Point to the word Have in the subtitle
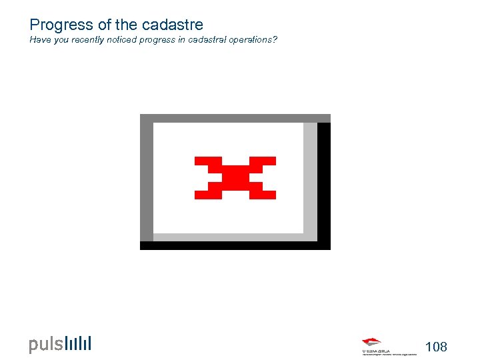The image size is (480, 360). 39,40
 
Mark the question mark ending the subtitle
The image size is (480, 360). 276,40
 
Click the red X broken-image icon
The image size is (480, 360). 235,177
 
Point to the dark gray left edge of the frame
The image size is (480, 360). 146,180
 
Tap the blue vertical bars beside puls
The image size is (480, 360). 78,343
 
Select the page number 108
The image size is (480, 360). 436,347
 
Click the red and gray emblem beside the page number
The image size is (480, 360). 372,343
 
